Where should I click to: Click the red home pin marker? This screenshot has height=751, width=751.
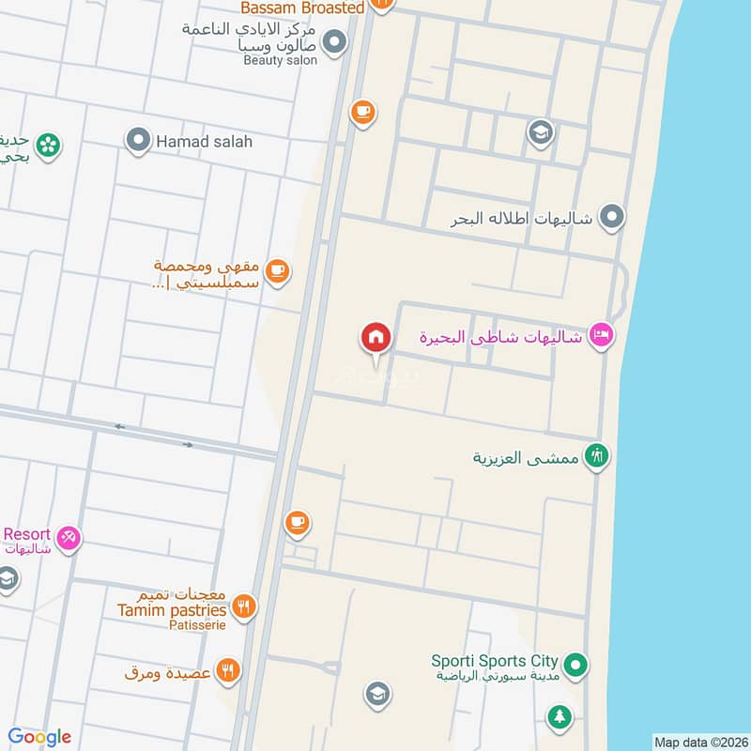375,337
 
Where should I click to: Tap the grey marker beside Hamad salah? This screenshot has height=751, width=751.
139,142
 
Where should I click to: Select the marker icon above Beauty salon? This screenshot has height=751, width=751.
334,41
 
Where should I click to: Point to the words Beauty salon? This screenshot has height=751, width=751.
280,60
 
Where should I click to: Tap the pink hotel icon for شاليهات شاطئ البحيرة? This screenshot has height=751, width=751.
601,335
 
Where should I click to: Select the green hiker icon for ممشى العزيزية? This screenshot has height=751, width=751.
597,457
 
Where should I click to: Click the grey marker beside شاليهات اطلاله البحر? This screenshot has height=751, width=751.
612,218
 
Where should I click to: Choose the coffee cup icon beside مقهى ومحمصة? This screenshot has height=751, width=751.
276,271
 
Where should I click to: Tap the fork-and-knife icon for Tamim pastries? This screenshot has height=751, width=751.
244,605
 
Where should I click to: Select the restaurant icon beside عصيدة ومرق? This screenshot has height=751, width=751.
227,671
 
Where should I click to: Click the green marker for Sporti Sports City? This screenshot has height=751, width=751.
577,667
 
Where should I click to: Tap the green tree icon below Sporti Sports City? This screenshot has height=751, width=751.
559,717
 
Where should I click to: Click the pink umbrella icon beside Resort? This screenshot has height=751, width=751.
68,539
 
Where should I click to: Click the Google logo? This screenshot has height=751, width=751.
39,737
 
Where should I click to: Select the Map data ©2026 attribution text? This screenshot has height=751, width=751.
699,742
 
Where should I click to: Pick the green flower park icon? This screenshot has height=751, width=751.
48,145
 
